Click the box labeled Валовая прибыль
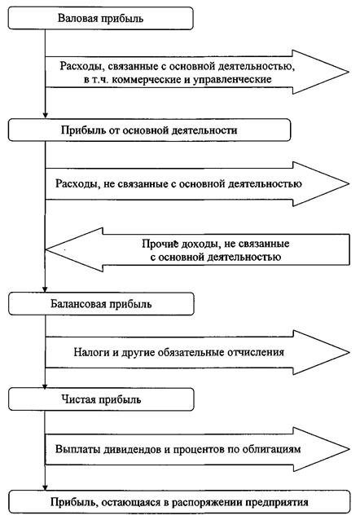[x=100, y=18]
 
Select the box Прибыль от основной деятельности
[x=149, y=130]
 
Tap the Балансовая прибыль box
[x=101, y=304]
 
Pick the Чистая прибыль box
[x=101, y=399]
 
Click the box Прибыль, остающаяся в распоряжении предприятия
[x=179, y=502]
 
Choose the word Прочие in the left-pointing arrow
[x=160, y=244]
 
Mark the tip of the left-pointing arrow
[x=46, y=249]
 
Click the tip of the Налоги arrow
[x=349, y=352]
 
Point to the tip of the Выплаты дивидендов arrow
[x=349, y=449]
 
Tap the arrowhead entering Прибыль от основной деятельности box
[x=45, y=116]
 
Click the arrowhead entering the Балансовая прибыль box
[x=45, y=290]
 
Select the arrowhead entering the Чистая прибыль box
[x=45, y=386]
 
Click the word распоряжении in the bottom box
[x=207, y=502]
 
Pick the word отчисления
[x=256, y=352]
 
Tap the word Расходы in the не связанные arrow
[x=77, y=184]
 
